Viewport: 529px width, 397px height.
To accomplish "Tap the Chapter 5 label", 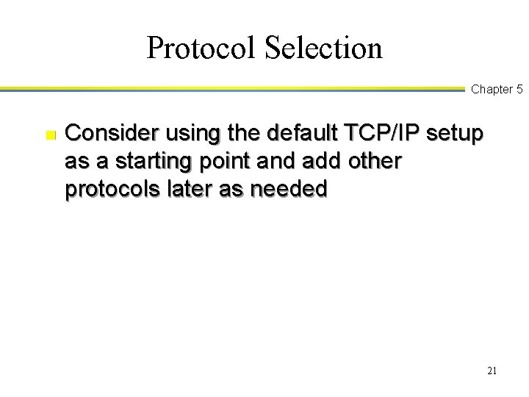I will click(497, 90).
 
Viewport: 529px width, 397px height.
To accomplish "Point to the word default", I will click(283, 135).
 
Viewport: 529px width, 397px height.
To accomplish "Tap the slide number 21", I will click(492, 371).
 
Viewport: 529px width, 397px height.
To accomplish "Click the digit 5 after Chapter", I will click(519, 90).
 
